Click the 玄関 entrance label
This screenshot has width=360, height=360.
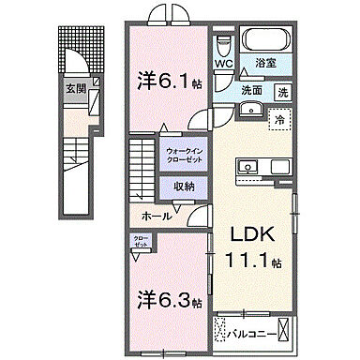73,89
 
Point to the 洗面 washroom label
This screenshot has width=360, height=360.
250,91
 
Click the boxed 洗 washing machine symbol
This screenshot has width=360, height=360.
282,91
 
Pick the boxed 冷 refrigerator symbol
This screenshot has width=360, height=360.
277,119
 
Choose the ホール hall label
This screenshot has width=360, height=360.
155,217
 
